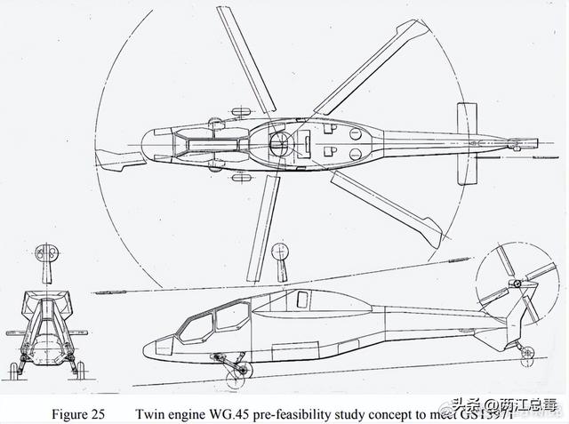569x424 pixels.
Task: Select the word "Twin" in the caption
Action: pyautogui.click(x=152, y=413)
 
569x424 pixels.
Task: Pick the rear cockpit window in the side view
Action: pyautogui.click(x=233, y=316)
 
